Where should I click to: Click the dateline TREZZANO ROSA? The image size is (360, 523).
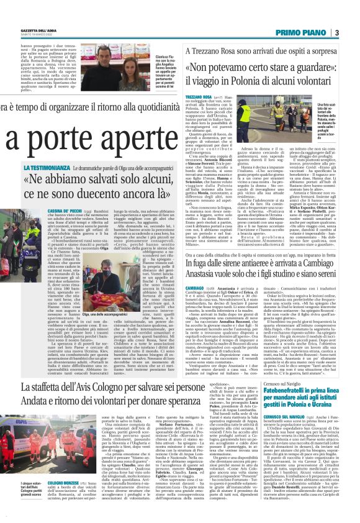coord(193,98)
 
